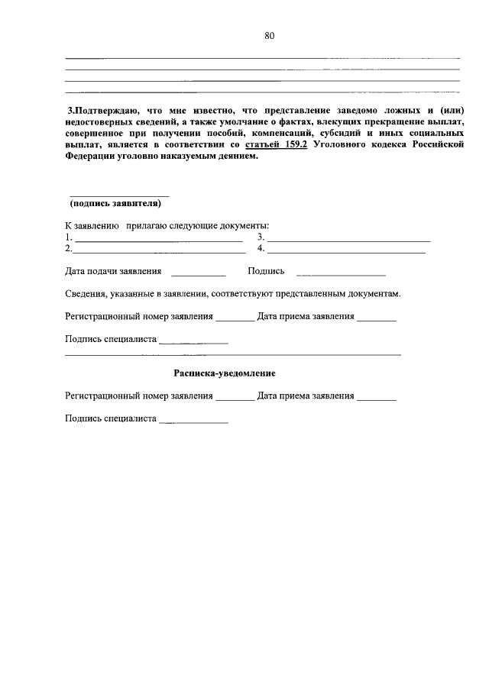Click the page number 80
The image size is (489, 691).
click(270, 35)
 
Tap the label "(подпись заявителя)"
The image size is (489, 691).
click(115, 203)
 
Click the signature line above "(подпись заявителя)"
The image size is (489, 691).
click(120, 196)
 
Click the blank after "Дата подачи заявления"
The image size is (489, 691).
click(199, 274)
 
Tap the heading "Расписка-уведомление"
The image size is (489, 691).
click(224, 373)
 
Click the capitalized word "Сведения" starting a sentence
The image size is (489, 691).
click(86, 293)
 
